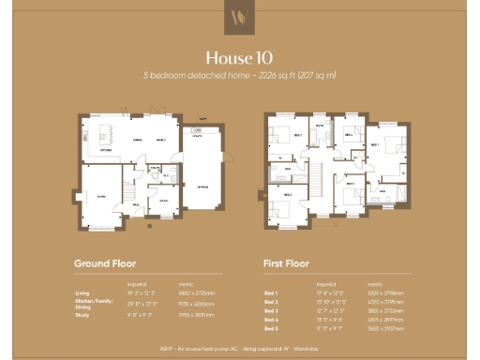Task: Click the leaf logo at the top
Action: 239,16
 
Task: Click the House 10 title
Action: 239,56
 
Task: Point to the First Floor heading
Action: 287,263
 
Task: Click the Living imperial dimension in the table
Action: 138,292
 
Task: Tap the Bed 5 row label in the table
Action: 272,328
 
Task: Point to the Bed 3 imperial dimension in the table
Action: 329,310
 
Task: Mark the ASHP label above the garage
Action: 201,119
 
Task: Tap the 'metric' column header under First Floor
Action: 375,283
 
